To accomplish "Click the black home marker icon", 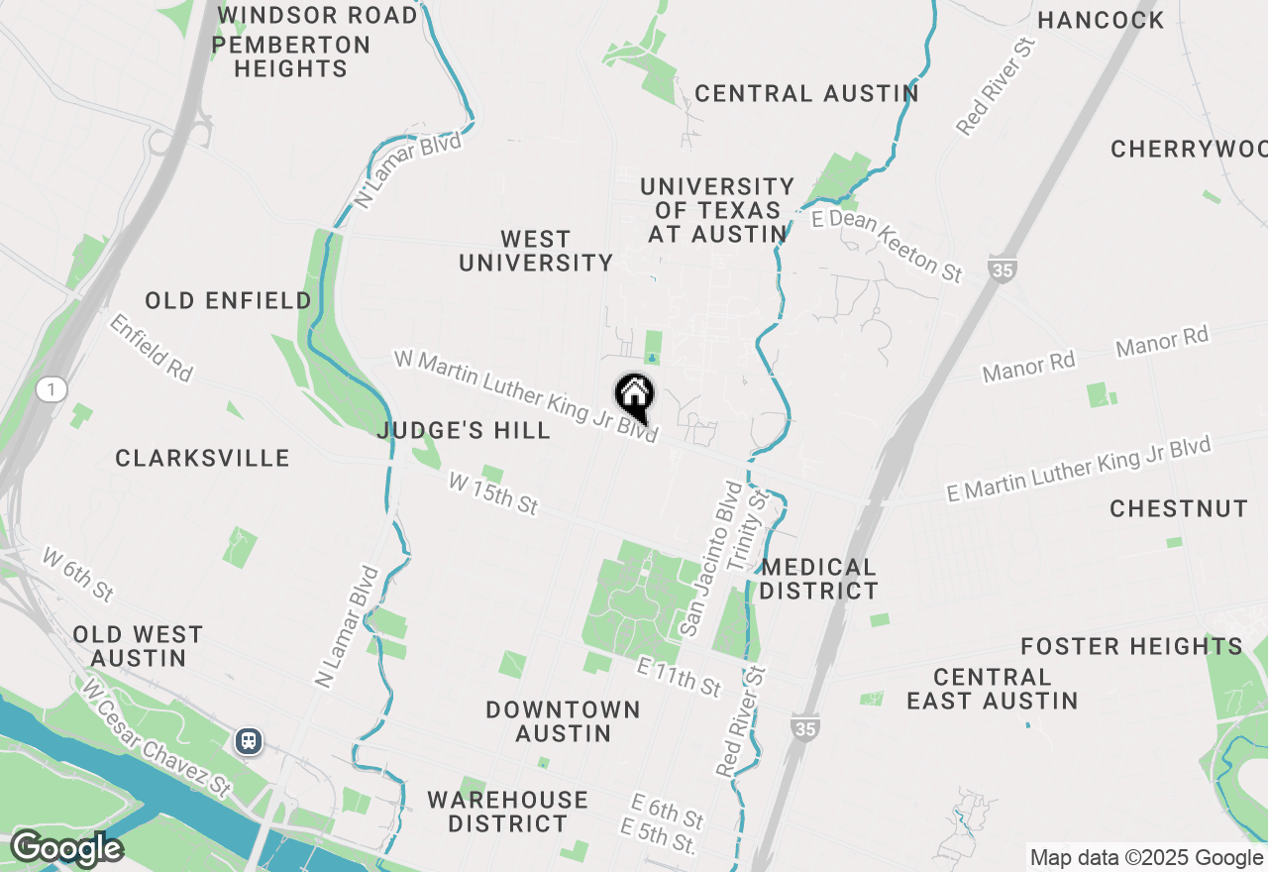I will tap(634, 395).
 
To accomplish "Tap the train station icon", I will tap(248, 740).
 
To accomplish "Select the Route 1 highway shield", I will tap(51, 389).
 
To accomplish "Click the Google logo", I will tap(66, 849).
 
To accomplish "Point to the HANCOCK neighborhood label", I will tap(1101, 20).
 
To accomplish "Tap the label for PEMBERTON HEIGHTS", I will tap(290, 57).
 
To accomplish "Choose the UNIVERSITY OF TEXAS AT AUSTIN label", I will tap(717, 211).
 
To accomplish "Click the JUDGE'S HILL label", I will tap(464, 430).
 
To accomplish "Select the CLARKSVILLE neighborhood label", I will tap(202, 458).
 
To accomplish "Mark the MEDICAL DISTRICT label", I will tap(819, 580).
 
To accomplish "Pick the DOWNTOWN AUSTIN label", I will tap(563, 721).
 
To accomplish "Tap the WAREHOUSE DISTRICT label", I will tap(507, 812).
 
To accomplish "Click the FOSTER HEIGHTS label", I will tap(1131, 647).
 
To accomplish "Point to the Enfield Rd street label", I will tap(151, 348).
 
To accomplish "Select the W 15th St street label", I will tap(492, 493).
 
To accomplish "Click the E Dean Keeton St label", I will tap(887, 245).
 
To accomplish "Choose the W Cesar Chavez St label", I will tap(157, 738).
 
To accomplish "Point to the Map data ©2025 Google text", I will tap(1146, 858).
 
